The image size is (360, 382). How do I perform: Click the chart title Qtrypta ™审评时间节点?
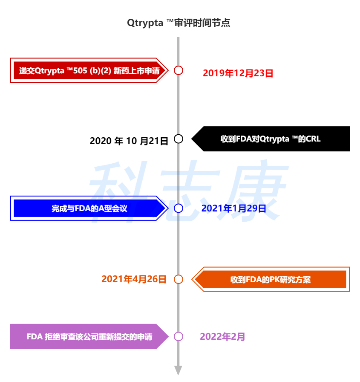point(179,23)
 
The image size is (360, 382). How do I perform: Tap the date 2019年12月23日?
point(238,73)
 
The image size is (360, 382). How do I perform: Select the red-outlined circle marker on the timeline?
point(179,70)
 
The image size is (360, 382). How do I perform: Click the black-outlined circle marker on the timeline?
point(179,139)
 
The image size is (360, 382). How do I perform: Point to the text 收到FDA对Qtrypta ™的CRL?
point(270,139)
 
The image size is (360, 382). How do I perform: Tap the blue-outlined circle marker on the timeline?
point(179,208)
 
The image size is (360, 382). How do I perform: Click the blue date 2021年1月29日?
point(234,208)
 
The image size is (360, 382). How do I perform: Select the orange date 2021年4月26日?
point(134,279)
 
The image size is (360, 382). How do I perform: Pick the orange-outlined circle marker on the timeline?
point(179,279)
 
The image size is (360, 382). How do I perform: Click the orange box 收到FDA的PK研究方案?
point(271,280)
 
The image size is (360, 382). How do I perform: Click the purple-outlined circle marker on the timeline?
point(179,336)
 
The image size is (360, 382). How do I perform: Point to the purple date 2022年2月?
point(222,337)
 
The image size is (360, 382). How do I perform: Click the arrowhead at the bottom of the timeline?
point(178,370)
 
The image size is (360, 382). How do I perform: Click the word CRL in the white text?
point(313,139)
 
